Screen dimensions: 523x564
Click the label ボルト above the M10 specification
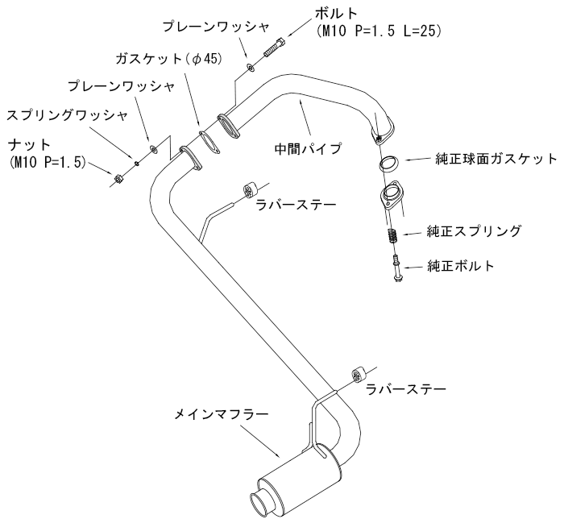[334, 14]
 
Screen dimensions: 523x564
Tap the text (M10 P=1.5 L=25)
[375, 31]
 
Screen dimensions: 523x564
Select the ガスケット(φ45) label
[157, 58]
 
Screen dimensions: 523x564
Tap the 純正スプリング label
[474, 232]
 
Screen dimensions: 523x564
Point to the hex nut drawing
[118, 178]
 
